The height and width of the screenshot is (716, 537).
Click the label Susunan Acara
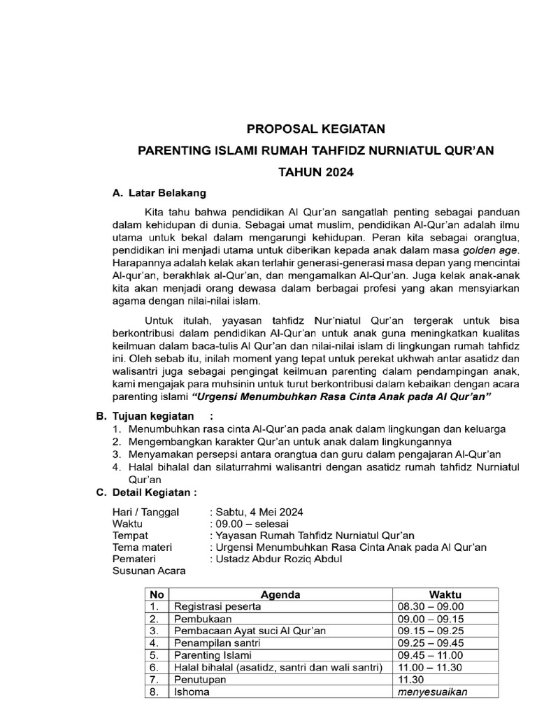pos(149,571)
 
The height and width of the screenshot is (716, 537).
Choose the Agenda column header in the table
pos(280,595)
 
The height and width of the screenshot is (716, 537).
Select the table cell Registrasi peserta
pos(217,607)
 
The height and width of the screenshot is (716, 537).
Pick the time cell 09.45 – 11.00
pos(429,655)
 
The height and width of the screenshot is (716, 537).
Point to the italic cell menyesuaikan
pos(431,692)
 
